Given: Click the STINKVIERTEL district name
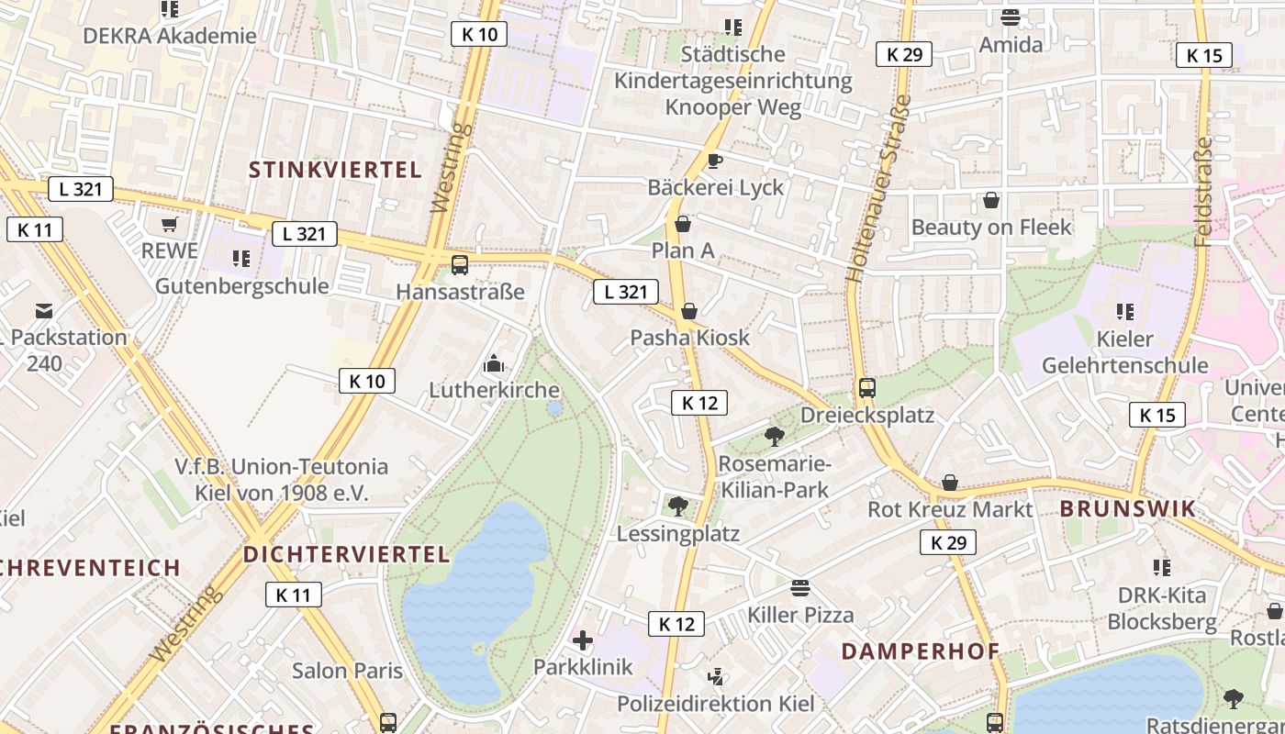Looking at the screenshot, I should [x=335, y=170].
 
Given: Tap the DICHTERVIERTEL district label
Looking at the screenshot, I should [x=347, y=554].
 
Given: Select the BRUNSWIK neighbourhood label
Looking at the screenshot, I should [x=1128, y=509].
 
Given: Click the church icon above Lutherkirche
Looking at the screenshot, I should [x=494, y=364].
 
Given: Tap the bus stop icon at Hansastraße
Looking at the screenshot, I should [x=460, y=265].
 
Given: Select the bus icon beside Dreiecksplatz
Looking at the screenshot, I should [x=867, y=388].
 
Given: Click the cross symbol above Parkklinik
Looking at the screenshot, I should [x=583, y=640].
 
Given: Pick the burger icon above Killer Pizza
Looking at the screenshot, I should [x=800, y=588].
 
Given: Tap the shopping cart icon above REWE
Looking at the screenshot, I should [x=169, y=225].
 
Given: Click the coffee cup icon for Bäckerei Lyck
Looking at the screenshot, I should [x=715, y=161].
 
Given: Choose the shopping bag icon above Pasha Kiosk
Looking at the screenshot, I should [x=689, y=312].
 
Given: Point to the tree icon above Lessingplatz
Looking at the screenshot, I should [x=678, y=506].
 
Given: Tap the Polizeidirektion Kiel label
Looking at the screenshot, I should [x=716, y=704].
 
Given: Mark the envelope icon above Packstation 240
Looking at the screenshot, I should [x=44, y=311].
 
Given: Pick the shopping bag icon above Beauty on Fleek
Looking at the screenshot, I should [x=991, y=200].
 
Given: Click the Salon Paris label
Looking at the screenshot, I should [x=347, y=671].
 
